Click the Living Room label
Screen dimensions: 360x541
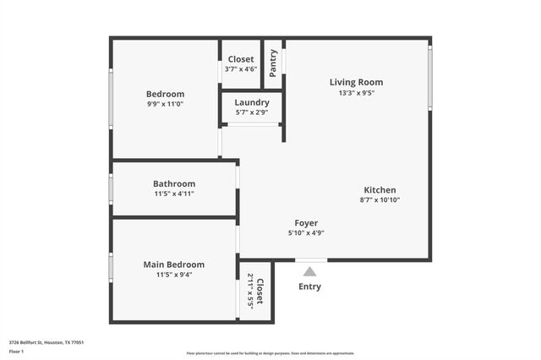tap(356, 82)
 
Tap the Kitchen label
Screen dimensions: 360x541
tap(380, 190)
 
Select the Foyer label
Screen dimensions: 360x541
tap(306, 223)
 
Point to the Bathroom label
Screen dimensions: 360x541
tap(174, 183)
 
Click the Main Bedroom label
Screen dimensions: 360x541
tap(173, 265)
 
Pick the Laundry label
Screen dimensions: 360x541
tap(252, 102)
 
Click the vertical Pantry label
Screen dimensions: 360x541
tap(273, 63)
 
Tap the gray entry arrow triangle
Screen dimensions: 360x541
tap(310, 271)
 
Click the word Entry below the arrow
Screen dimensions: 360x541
tap(310, 286)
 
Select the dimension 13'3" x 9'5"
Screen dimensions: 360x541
tap(356, 93)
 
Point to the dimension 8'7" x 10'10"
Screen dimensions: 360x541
tap(380, 200)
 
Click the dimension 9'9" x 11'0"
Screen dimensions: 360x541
tap(165, 104)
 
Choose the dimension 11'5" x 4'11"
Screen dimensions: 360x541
tap(174, 194)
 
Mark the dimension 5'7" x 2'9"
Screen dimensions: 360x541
tap(252, 112)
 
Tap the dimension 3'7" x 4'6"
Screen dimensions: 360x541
tap(242, 69)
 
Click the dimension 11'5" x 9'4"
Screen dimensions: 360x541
tap(173, 275)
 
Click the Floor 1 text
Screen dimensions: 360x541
tap(17, 350)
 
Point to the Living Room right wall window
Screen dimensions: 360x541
tap(429, 78)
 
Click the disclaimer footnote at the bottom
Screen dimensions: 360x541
tap(270, 353)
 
